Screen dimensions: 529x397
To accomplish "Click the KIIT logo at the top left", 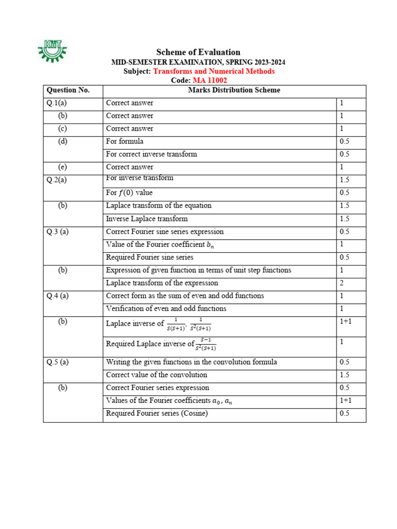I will click(52, 51).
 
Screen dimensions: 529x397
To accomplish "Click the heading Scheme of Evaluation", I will click(198, 52).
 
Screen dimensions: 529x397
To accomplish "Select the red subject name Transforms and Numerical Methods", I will click(213, 71).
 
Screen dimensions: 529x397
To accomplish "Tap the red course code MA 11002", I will click(209, 81).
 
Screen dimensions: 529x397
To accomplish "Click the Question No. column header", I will click(68, 90).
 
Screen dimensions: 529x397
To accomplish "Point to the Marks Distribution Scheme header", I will click(234, 90).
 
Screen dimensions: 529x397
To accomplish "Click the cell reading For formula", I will click(125, 142).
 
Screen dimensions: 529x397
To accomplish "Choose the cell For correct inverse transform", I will click(151, 154).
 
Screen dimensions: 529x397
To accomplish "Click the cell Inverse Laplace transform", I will click(146, 219).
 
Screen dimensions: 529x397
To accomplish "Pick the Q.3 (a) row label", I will click(57, 232).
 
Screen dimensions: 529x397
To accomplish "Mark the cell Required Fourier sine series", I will click(149, 257).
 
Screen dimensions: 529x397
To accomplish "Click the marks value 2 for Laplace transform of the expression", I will click(342, 283).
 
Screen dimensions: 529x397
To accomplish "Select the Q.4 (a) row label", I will click(57, 296).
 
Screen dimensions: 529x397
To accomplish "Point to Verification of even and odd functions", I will click(166, 309).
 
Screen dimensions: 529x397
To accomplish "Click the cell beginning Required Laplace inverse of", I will click(161, 344).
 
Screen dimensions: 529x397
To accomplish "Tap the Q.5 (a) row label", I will click(57, 362).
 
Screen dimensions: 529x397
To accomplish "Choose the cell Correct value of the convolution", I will click(156, 375).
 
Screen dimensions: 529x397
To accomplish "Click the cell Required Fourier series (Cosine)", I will click(157, 413).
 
